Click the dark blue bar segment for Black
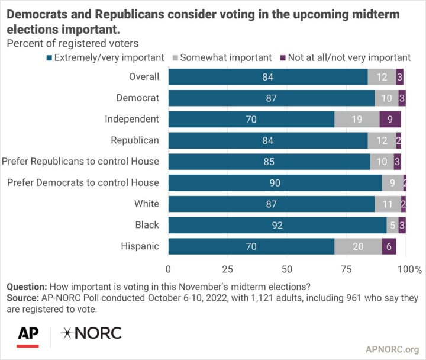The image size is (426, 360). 277,225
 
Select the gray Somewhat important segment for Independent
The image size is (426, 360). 357,119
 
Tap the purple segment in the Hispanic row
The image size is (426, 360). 389,246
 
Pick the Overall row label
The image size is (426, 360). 144,76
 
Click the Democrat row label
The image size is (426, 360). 140,98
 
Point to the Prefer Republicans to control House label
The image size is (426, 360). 80,161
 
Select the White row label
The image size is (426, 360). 147,204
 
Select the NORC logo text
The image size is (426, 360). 91,333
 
